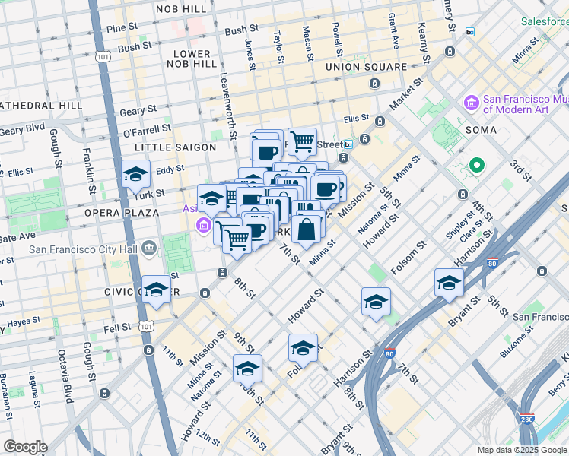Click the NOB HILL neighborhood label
click(180, 8)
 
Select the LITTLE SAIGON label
click(170, 146)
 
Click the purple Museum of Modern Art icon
click(471, 102)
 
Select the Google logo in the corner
click(25, 447)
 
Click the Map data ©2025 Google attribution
click(521, 449)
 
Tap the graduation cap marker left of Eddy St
click(135, 175)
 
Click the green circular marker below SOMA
click(477, 164)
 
